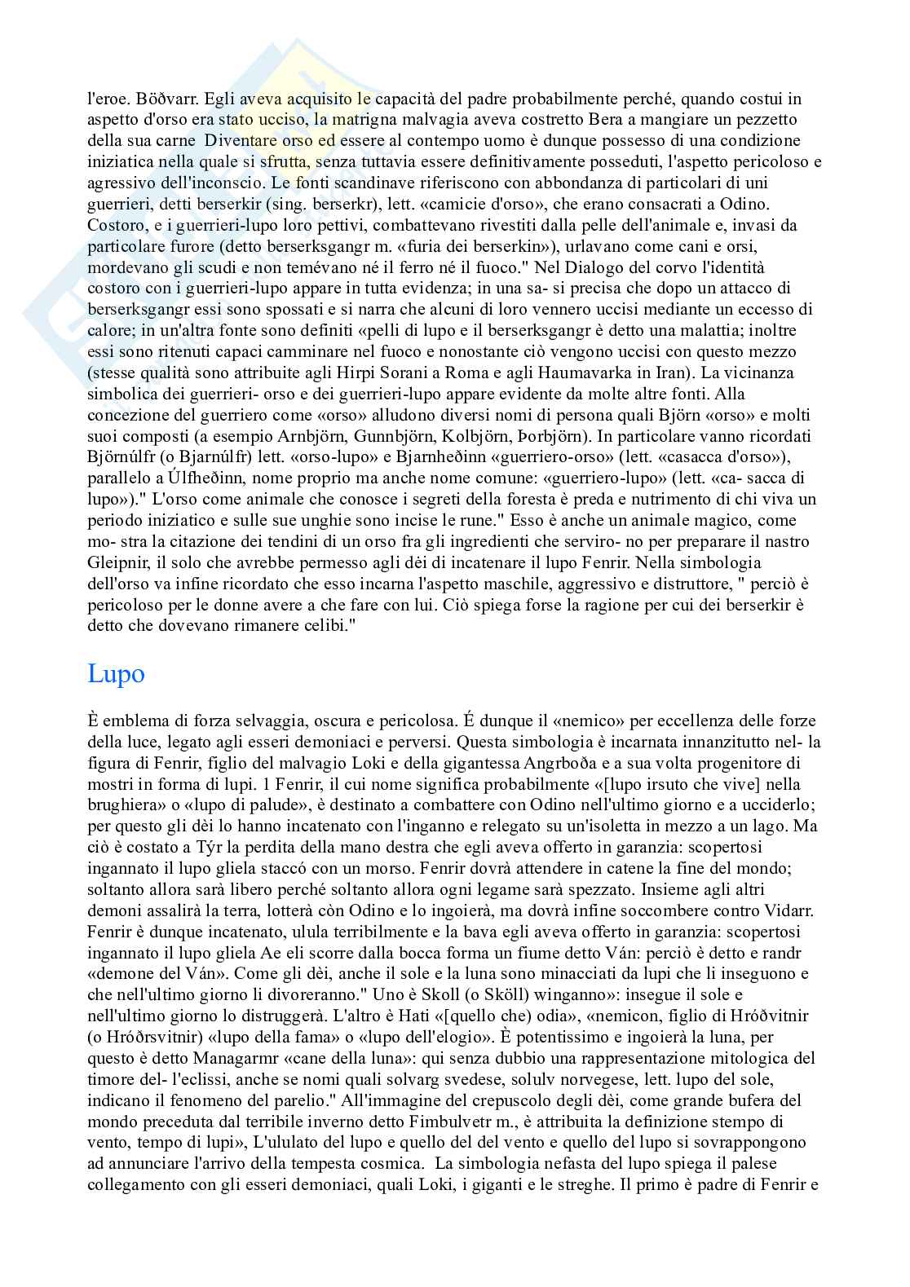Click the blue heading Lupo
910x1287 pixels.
click(x=116, y=674)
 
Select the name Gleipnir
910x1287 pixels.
click(x=117, y=562)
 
